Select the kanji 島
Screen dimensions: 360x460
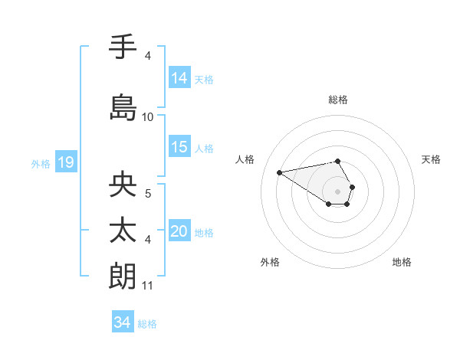point(123,107)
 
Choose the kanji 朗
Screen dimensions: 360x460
point(123,276)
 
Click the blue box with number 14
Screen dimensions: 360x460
point(179,78)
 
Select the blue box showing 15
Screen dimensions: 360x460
point(179,148)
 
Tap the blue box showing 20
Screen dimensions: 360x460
point(179,232)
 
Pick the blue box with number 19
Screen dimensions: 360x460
point(65,162)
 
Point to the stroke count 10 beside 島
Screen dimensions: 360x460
point(148,117)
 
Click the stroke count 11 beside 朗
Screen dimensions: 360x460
point(148,286)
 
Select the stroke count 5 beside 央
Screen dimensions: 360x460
point(148,195)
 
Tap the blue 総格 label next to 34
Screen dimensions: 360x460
point(147,324)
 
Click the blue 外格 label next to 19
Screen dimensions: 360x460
point(41,163)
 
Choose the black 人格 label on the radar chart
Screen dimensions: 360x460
point(245,159)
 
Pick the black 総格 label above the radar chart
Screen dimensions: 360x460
point(338,100)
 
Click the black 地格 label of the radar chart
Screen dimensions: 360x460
point(402,262)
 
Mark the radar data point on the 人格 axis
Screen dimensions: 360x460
point(280,172)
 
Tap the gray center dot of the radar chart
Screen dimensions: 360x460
point(338,191)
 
